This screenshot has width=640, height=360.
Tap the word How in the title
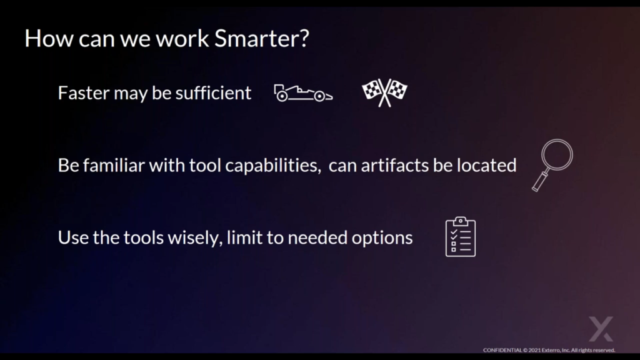(x=49, y=38)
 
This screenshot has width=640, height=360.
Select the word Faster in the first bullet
(x=83, y=93)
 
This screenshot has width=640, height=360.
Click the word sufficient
(x=213, y=93)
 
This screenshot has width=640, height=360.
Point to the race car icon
(x=303, y=94)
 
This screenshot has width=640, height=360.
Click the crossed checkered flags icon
(x=384, y=92)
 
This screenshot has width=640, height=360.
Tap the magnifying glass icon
(x=552, y=165)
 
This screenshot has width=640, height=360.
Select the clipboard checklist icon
(x=461, y=237)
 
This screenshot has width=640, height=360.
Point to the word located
(x=486, y=165)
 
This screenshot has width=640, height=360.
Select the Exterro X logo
(x=601, y=329)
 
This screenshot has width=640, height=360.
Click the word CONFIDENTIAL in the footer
(x=502, y=350)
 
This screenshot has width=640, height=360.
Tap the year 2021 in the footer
(x=535, y=350)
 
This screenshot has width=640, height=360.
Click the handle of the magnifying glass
(x=539, y=182)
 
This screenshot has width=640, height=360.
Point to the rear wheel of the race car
(x=282, y=96)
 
